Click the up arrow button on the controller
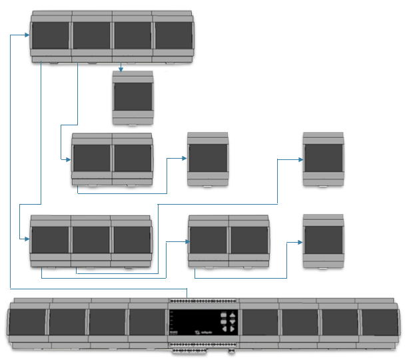pos(232,315)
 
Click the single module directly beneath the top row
pos(133,97)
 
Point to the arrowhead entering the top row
pos(28,36)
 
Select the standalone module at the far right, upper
pos(323,159)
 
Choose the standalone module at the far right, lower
pos(323,241)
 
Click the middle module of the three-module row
pos(91,241)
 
